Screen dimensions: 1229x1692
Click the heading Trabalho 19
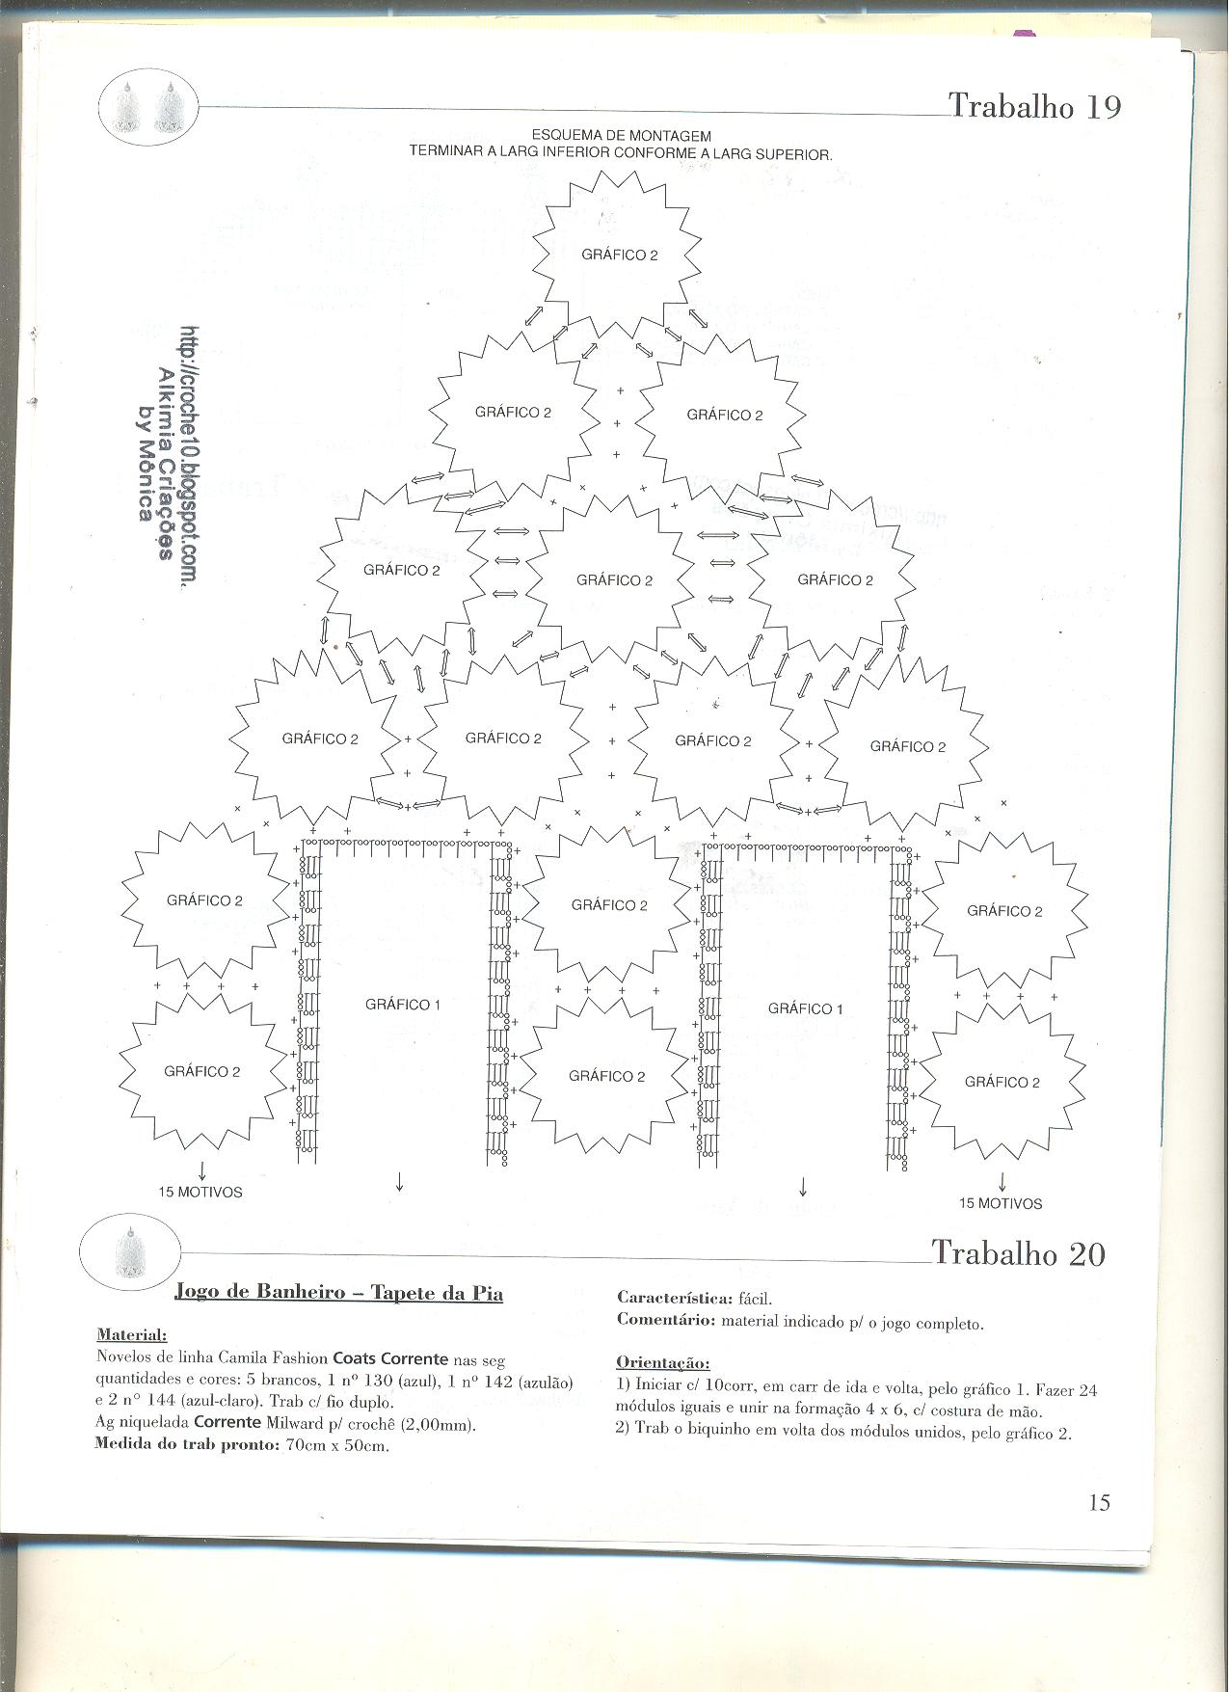click(x=1035, y=105)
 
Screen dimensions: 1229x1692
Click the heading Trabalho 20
click(x=1019, y=1253)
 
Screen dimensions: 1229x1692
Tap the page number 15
click(x=1099, y=1502)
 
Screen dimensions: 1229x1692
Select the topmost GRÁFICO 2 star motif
click(x=613, y=254)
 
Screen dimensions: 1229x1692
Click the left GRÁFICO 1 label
click(x=403, y=1005)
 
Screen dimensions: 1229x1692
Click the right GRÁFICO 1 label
click(x=806, y=1008)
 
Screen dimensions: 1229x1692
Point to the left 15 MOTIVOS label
click(x=200, y=1193)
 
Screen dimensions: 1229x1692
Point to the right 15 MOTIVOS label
click(x=1001, y=1203)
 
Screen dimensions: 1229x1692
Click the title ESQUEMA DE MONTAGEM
click(x=622, y=137)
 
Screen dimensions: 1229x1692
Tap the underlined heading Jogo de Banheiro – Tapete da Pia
click(x=338, y=1292)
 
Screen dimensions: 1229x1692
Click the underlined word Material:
click(x=131, y=1335)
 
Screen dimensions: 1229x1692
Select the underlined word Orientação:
click(x=663, y=1363)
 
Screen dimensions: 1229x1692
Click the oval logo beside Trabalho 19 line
click(x=148, y=108)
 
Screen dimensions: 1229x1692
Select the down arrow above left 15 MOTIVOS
click(x=201, y=1171)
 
